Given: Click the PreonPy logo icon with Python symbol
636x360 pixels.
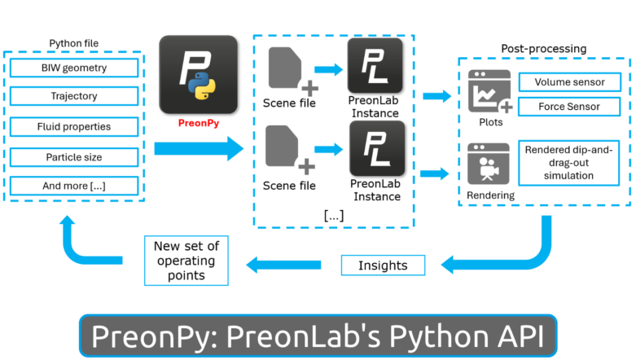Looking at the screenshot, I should coord(199,75).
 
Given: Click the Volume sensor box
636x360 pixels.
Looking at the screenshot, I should coord(568,82).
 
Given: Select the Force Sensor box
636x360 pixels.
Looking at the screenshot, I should coord(568,107).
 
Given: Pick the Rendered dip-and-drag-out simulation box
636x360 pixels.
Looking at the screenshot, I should coord(568,163).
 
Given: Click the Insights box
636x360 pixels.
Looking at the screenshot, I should coord(382,266).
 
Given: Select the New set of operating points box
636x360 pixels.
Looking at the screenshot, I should coord(186,261).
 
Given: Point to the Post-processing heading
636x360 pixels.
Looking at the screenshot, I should coord(542,49).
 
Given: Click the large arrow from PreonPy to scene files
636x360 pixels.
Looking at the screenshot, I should coord(199,148).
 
